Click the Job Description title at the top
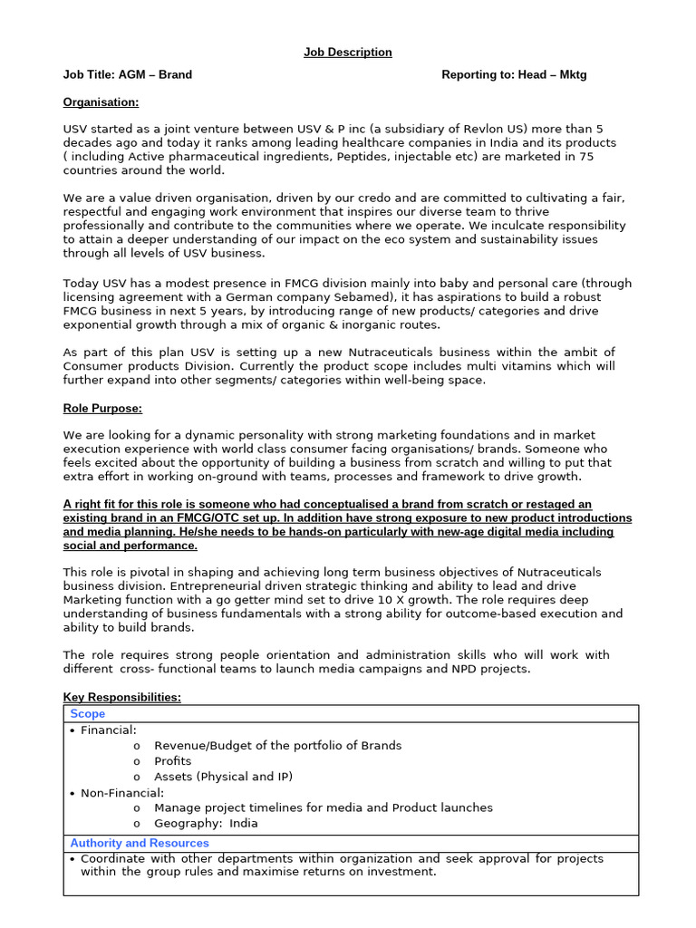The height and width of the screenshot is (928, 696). [348, 53]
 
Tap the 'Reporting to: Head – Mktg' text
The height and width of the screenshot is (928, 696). [514, 74]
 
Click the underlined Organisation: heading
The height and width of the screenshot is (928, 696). [101, 101]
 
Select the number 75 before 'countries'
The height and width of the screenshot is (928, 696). [585, 157]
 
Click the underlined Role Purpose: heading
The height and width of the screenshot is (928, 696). [102, 408]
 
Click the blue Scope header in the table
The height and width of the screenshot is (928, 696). [88, 714]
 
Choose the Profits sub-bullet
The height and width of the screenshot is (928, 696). [172, 761]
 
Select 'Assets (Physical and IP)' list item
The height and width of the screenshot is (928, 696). [223, 777]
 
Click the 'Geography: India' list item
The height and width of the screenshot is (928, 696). [206, 823]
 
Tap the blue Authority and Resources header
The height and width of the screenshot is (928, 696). [140, 843]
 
